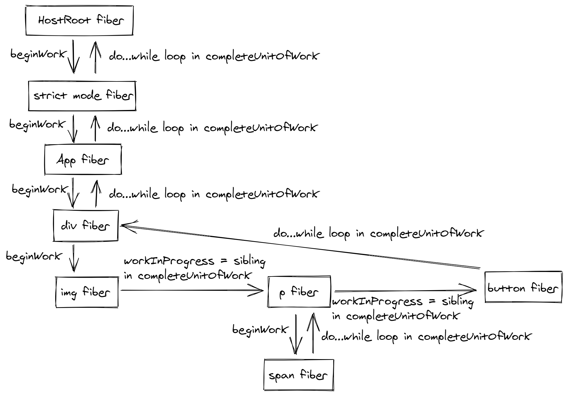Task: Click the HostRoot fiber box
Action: tap(80, 21)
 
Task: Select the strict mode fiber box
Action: tap(82, 96)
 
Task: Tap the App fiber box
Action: tap(83, 160)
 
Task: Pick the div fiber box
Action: tap(85, 225)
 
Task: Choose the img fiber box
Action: tap(87, 292)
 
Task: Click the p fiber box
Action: tap(299, 292)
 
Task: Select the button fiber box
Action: tap(523, 287)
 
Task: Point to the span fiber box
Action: tap(299, 375)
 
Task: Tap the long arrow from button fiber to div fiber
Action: tap(300, 246)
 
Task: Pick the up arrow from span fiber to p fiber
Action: tap(313, 333)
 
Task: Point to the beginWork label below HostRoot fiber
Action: tap(38, 54)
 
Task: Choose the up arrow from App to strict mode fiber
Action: tap(95, 128)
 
